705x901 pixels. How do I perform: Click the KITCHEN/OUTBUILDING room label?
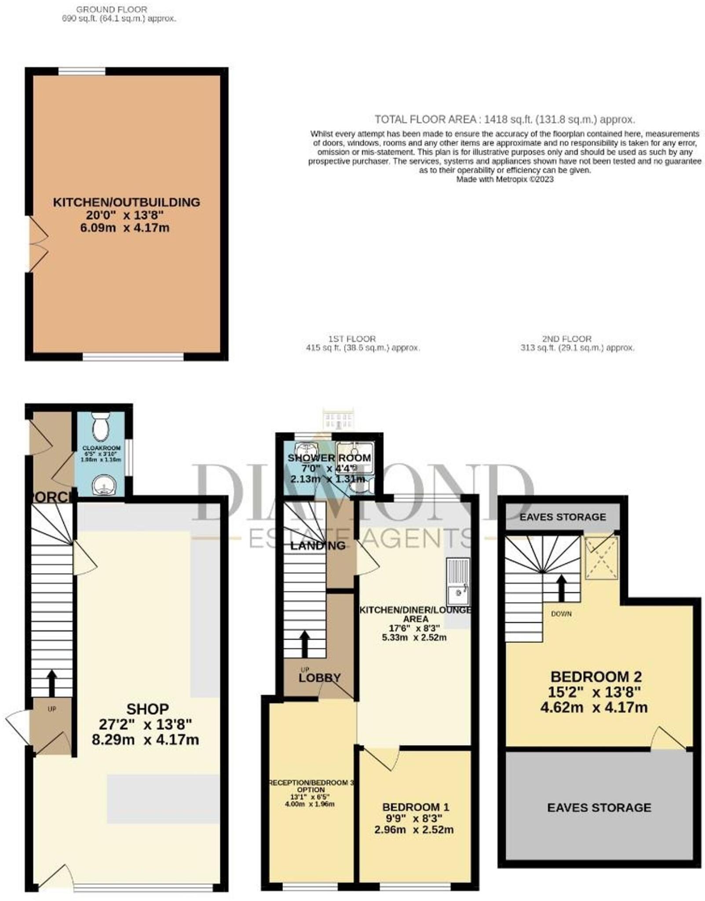(126, 202)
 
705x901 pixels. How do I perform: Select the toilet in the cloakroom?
(101, 426)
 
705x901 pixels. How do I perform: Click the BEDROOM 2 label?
(596, 677)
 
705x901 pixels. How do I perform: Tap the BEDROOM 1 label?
(416, 807)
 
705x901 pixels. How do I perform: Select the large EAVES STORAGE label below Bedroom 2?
(599, 808)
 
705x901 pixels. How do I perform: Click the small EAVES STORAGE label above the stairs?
(563, 517)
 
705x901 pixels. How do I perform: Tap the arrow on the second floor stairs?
(561, 588)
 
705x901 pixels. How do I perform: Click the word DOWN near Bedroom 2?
(561, 614)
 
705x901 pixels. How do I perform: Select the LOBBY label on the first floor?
(319, 678)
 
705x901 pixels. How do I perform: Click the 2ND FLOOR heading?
(566, 339)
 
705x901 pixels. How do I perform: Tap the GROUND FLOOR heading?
(112, 9)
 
